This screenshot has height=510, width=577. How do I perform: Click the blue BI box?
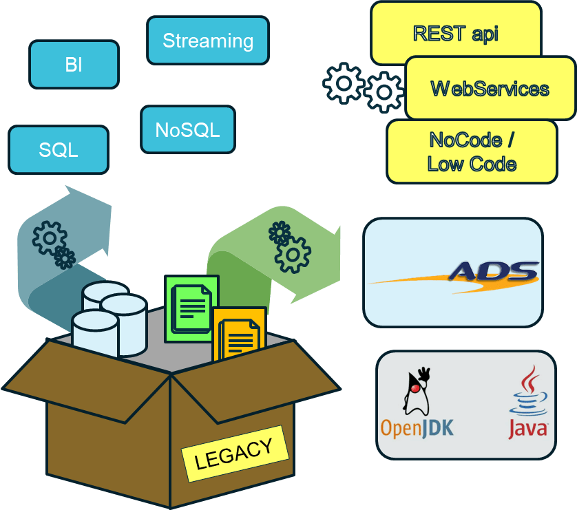(x=74, y=65)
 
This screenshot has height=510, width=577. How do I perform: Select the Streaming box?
(x=208, y=41)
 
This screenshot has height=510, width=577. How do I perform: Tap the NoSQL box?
(x=187, y=129)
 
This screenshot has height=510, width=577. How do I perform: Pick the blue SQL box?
(x=59, y=149)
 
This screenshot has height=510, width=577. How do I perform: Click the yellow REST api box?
(x=455, y=33)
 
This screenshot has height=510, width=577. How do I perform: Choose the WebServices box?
(x=490, y=89)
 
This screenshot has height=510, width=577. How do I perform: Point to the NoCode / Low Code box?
(x=472, y=151)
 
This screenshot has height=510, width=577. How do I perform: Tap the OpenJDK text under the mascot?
(x=417, y=428)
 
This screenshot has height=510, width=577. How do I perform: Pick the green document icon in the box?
(x=191, y=308)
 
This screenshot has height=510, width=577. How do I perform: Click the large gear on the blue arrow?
(x=49, y=237)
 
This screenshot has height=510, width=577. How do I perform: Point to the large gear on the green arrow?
(x=293, y=255)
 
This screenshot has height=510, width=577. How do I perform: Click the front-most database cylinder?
(x=94, y=333)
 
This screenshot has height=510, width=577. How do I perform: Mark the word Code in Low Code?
(x=493, y=164)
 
